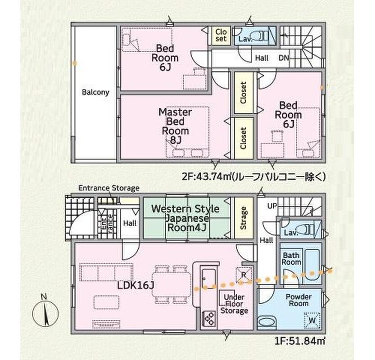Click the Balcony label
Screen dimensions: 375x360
(x=95, y=92)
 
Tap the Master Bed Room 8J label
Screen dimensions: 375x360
(x=175, y=126)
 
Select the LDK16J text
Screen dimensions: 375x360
(x=136, y=285)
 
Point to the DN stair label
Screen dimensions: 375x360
(x=284, y=58)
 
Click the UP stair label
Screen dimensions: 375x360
(x=272, y=206)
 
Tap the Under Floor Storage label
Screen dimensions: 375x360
(x=234, y=304)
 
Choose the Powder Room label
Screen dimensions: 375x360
(x=299, y=300)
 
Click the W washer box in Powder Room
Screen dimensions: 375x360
(x=312, y=320)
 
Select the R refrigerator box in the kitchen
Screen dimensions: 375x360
(x=244, y=275)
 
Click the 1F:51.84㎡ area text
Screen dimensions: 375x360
(x=300, y=341)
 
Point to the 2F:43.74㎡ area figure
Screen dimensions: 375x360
(x=206, y=177)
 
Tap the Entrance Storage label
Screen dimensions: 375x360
(x=109, y=188)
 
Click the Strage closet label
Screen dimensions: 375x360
(x=244, y=218)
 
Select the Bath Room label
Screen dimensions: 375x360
(x=291, y=259)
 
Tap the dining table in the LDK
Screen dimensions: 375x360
(x=172, y=285)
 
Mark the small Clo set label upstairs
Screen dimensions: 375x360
(x=221, y=36)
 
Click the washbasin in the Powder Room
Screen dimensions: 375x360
(x=267, y=322)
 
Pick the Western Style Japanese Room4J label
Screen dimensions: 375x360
(x=185, y=218)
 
